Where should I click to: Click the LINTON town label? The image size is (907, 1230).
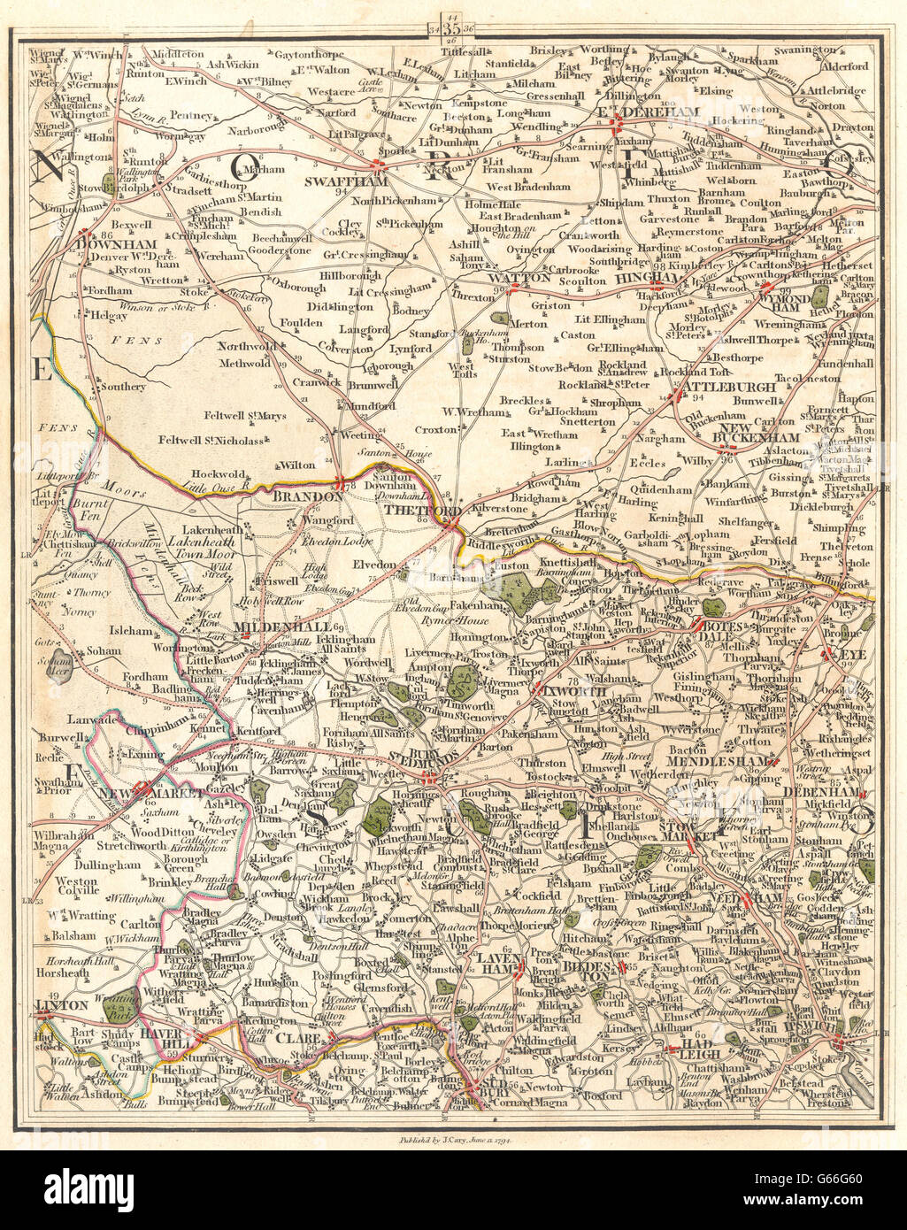tap(62, 1005)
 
